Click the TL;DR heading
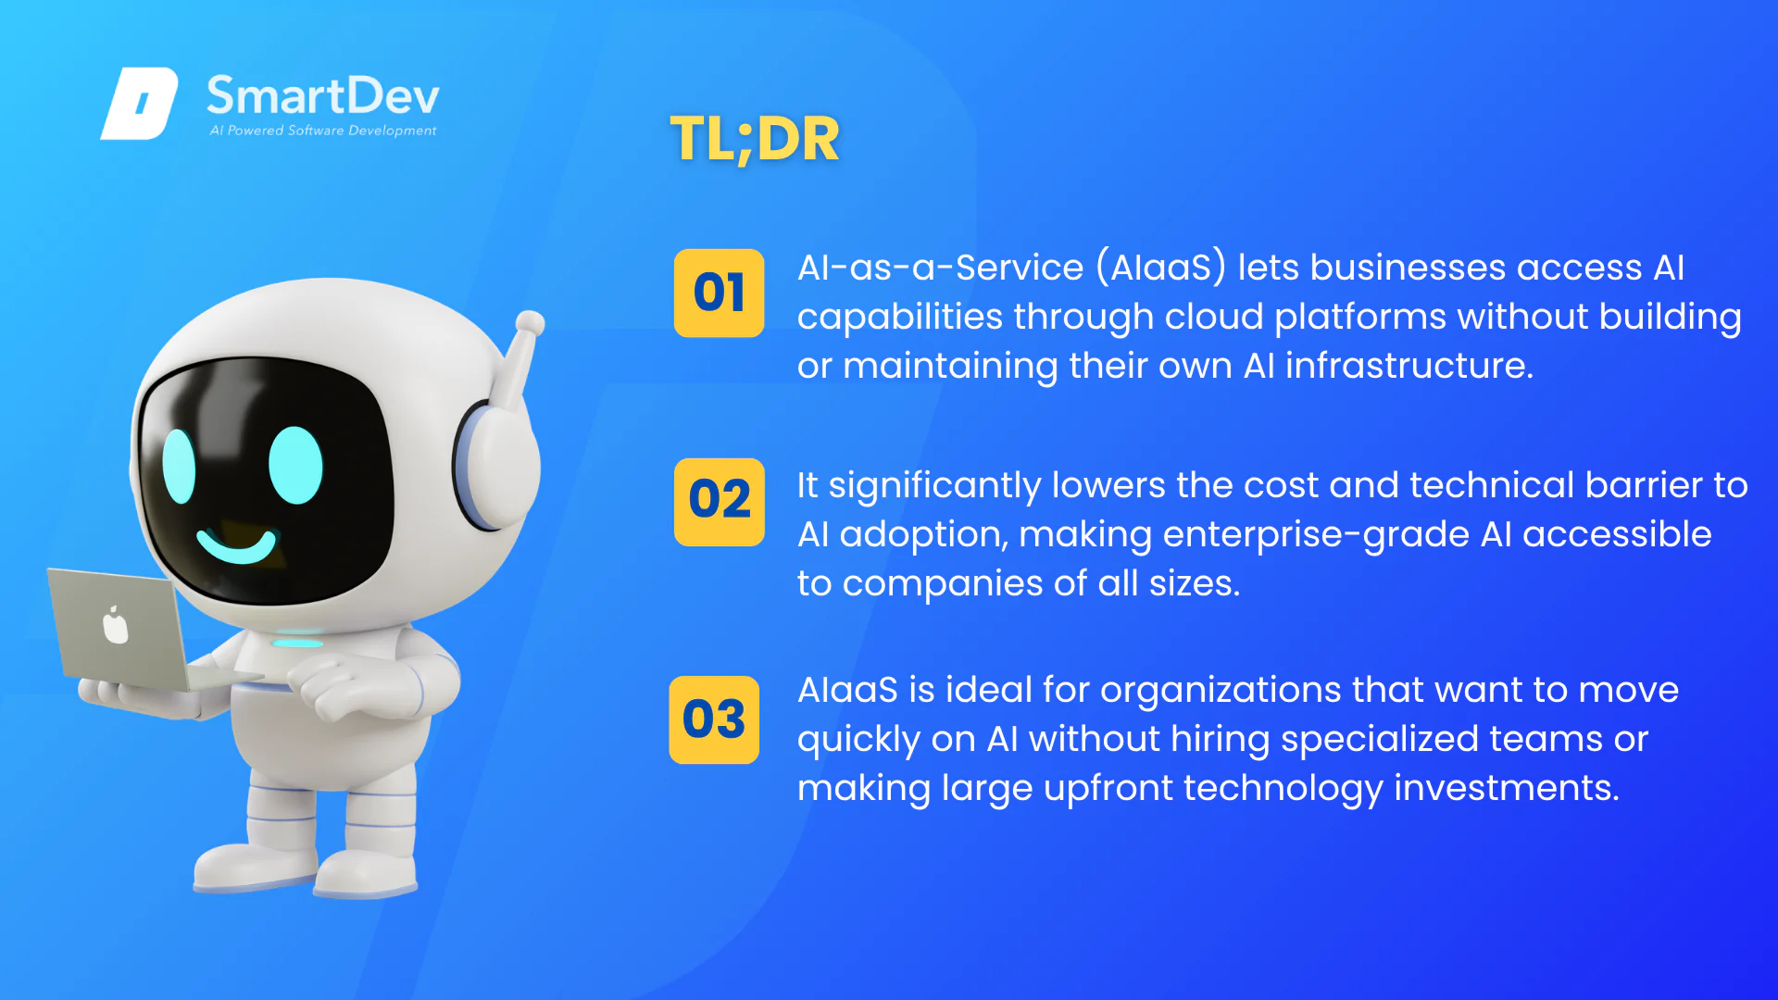755,140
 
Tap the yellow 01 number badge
720,293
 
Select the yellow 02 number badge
720,502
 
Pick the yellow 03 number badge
714,719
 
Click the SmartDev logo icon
140,103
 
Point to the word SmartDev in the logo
323,95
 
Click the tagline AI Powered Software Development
323,131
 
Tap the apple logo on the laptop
115,624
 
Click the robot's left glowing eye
179,465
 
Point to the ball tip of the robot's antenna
530,323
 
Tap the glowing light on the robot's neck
297,643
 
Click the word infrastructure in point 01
1409,366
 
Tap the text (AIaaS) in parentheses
1161,268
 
